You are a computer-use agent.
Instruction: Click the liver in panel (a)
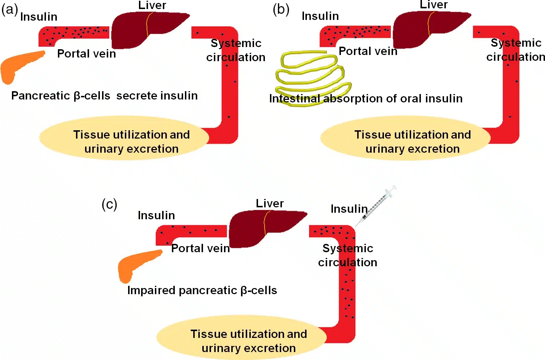[145, 29]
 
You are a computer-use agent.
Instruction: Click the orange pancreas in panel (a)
[18, 65]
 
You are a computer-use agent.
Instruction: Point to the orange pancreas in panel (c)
[136, 264]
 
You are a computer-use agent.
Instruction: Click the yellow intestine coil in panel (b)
[311, 78]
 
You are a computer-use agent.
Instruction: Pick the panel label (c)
[109, 204]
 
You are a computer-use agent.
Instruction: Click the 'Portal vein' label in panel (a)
[86, 54]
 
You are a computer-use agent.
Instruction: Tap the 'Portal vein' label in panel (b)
[368, 51]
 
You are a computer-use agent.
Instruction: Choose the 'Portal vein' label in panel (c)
[200, 248]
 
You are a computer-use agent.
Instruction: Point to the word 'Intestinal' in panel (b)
[295, 98]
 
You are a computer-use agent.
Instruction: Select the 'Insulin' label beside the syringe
[349, 209]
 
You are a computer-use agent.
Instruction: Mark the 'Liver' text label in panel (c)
[270, 203]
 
